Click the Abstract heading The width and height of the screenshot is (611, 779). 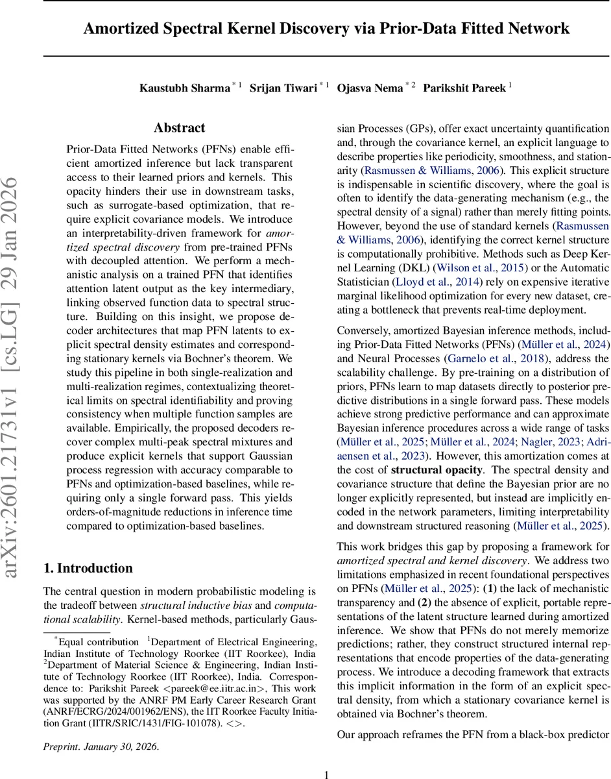179,128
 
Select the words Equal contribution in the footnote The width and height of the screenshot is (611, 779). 99,641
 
